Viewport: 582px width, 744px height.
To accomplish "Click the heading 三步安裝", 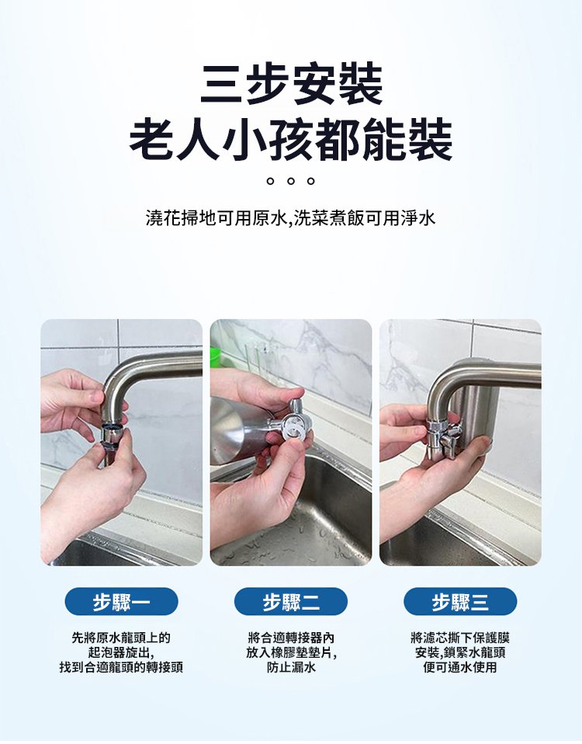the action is pos(291,85).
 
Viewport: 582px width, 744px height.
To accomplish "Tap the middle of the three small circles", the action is pos(291,181).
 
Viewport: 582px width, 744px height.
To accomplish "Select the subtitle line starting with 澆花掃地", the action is pos(290,218).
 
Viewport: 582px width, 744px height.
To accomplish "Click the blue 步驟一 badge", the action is pos(121,602).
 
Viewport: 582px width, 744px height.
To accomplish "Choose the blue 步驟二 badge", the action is pos(291,602).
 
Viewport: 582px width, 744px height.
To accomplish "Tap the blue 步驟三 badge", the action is pos(460,602).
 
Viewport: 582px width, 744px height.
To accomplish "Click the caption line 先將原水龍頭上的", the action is pos(121,638).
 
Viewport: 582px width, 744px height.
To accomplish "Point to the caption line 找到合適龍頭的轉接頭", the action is pos(121,668).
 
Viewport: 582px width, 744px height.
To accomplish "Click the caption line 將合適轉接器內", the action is pos(291,638).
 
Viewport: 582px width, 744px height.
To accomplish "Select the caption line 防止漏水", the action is pos(291,668).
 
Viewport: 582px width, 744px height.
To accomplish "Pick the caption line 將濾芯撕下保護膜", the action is pos(460,638).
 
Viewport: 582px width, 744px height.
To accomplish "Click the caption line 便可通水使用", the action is pos(460,668).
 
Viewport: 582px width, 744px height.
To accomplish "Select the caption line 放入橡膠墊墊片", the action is pos(291,653).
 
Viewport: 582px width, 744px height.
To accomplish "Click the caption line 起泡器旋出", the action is pos(121,653).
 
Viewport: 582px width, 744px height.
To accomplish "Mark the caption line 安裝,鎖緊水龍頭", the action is pos(460,653).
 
